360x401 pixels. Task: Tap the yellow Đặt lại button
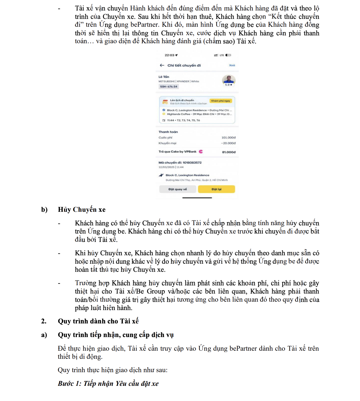[216, 189]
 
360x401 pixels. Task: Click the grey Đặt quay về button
[178, 189]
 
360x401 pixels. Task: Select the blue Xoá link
[232, 65]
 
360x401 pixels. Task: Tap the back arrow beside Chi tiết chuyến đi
[162, 65]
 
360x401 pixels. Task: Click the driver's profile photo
[229, 79]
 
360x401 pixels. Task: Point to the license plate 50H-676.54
[169, 86]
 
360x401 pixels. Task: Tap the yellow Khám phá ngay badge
[221, 101]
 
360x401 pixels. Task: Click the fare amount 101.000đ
[228, 138]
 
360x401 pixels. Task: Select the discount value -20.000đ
[228, 143]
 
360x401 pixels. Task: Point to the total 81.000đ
[229, 152]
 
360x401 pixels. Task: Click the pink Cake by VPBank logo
[201, 151]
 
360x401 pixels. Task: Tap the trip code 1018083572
[192, 162]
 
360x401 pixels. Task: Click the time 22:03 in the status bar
[170, 55]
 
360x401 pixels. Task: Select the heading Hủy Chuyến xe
[82, 210]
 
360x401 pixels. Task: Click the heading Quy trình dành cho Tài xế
[98, 321]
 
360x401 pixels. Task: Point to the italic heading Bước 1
[108, 384]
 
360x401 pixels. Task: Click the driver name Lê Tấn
[164, 77]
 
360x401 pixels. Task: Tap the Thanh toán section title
[168, 132]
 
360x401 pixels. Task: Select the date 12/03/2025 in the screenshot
[166, 167]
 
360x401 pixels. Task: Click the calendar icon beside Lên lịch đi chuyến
[165, 102]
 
